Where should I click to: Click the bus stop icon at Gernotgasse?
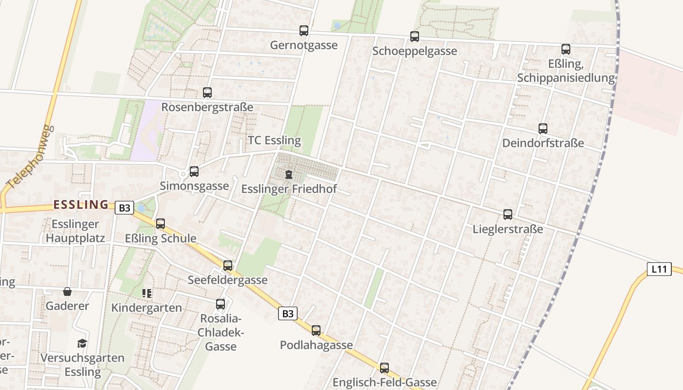point(304,31)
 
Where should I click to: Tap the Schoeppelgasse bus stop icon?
point(415,36)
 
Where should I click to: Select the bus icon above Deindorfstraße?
point(543,129)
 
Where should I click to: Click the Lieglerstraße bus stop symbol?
point(508,214)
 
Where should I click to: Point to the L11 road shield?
point(659,269)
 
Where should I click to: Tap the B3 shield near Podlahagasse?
point(288,313)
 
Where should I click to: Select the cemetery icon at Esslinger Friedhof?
point(289,174)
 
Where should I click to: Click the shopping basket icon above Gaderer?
point(67,292)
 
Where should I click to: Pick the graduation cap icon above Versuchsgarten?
point(82,344)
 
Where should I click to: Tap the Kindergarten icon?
point(147,293)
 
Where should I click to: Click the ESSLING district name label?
point(81,205)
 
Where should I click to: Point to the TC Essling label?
point(275,140)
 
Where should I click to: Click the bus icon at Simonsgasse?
point(194,171)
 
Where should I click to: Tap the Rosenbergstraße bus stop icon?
point(207,92)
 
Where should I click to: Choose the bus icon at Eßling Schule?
point(161,224)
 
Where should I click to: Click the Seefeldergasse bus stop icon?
point(228,266)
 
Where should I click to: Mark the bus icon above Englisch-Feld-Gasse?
point(384,368)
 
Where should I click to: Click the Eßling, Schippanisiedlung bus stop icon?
point(566,49)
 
